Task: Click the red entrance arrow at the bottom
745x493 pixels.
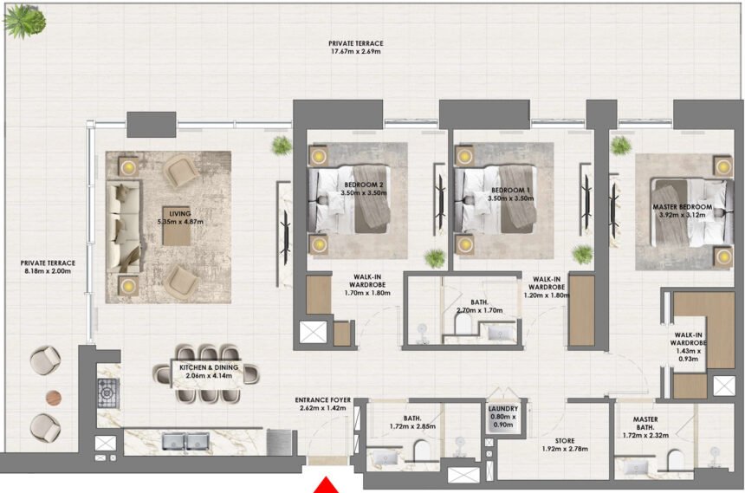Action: coord(327,485)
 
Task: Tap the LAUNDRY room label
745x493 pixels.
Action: coord(502,410)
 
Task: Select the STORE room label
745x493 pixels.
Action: coord(540,440)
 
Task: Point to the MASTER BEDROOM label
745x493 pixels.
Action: coord(682,207)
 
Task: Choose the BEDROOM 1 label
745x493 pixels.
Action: coord(509,190)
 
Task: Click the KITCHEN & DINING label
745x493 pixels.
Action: coord(208,367)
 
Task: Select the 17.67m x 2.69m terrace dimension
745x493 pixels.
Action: coord(355,52)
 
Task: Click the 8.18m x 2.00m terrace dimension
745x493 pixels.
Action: coord(48,271)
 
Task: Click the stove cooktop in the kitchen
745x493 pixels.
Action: coord(107,393)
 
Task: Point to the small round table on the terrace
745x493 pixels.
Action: coord(54,397)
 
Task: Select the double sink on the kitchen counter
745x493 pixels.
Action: coord(185,441)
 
